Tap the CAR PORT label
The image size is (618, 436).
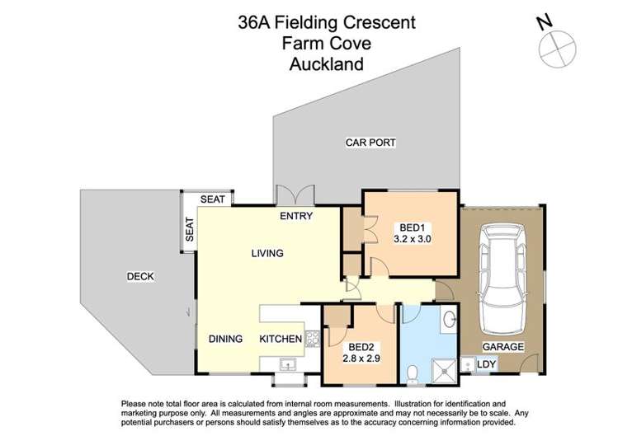coord(370,143)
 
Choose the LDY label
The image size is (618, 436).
coord(486,363)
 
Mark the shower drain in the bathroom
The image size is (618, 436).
coord(447,370)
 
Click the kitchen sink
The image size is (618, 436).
coord(287,363)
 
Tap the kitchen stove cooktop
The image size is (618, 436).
coord(311,337)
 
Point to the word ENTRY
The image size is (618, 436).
coord(295,217)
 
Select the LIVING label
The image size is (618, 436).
coord(267,254)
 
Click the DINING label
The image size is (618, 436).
coord(226,339)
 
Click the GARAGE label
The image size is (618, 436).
coord(503,347)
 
